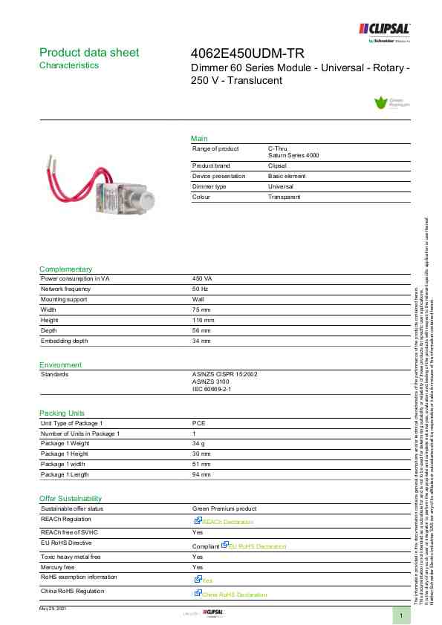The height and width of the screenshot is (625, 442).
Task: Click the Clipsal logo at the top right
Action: [x=385, y=29]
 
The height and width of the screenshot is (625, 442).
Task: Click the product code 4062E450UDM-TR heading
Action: [x=248, y=53]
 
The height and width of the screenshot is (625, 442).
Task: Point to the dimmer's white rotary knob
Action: [x=147, y=200]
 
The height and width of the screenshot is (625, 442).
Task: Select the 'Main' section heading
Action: [x=199, y=139]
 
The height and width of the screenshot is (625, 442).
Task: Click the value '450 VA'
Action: [x=202, y=278]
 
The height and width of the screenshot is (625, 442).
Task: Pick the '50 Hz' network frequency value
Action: [x=200, y=288]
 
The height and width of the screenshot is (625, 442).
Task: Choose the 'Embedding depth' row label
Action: [x=64, y=341]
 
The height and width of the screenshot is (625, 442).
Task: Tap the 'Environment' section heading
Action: [x=60, y=365]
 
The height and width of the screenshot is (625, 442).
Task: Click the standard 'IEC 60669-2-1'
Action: [x=212, y=389]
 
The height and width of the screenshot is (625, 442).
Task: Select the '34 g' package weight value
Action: [x=199, y=443]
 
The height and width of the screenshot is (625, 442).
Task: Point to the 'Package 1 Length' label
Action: [x=65, y=474]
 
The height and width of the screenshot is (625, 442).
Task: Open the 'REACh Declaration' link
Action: [x=227, y=523]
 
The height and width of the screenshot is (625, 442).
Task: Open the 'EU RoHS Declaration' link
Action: [x=256, y=547]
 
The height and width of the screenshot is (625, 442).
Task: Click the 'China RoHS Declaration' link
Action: [x=234, y=595]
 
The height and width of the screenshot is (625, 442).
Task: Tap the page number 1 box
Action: [x=401, y=616]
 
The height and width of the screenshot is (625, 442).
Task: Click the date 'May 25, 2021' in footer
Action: [x=53, y=609]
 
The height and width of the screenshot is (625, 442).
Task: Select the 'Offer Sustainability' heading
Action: [x=71, y=499]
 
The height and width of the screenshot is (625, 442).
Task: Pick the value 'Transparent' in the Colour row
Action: [x=284, y=197]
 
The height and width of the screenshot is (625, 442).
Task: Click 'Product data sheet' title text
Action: [x=88, y=53]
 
